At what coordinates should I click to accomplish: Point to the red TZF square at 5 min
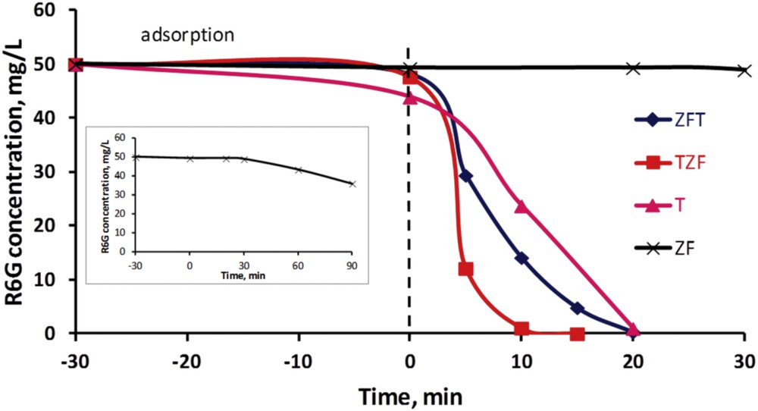click(465, 269)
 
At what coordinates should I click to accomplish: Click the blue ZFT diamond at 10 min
click(522, 259)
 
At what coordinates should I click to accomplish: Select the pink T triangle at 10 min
click(522, 206)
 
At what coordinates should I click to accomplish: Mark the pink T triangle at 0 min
click(410, 97)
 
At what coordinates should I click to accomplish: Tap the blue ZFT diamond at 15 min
click(578, 308)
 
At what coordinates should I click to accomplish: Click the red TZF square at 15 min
click(578, 334)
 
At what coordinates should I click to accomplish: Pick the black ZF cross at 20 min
click(633, 68)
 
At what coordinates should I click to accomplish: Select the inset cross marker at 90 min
click(352, 184)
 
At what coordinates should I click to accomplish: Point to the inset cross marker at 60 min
click(298, 169)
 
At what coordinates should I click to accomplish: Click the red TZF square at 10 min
click(522, 328)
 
